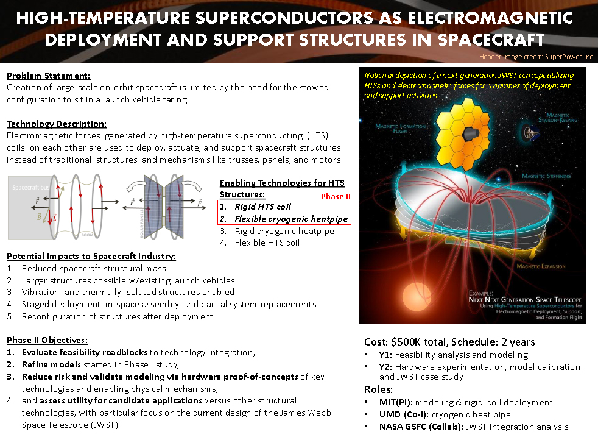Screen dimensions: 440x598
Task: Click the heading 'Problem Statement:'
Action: (48, 76)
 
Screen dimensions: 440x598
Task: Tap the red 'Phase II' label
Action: (336, 196)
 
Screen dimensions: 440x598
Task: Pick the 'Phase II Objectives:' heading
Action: (47, 339)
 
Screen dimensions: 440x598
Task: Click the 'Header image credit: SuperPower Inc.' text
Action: (536, 57)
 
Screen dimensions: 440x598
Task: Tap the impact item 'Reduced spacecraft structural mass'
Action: (93, 268)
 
